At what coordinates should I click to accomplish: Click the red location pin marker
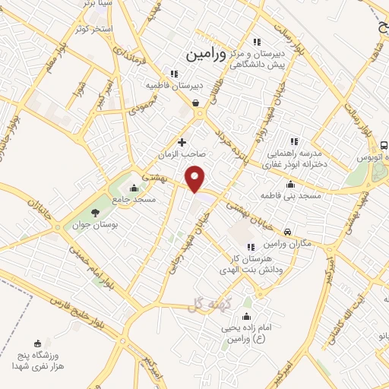196,179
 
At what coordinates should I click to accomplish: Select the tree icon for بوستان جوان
95,213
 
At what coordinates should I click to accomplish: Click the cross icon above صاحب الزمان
182,142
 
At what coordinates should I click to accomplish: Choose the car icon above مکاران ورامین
286,232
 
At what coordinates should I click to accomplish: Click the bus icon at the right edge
384,144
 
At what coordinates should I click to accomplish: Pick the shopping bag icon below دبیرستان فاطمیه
196,103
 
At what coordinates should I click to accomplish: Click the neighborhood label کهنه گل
204,305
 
